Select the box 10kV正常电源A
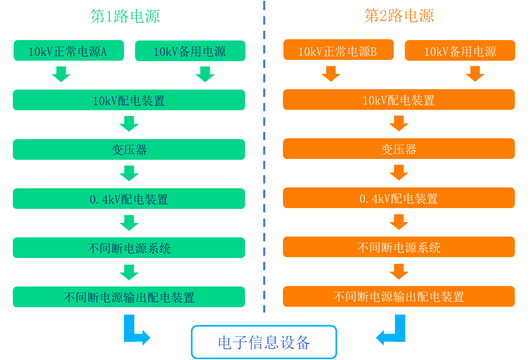click(x=69, y=51)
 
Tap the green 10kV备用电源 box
click(x=190, y=51)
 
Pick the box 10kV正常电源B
click(x=338, y=51)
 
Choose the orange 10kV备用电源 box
click(x=460, y=51)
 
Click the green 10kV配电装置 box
click(x=129, y=100)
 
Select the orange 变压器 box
click(x=399, y=149)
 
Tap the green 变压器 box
click(x=129, y=149)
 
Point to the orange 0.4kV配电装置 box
click(x=399, y=198)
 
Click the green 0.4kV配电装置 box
click(x=129, y=199)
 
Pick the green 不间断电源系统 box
click(x=129, y=248)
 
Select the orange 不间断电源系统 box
click(x=399, y=247)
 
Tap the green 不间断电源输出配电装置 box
click(x=129, y=297)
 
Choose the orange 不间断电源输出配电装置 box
click(x=399, y=296)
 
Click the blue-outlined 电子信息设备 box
click(x=264, y=342)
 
